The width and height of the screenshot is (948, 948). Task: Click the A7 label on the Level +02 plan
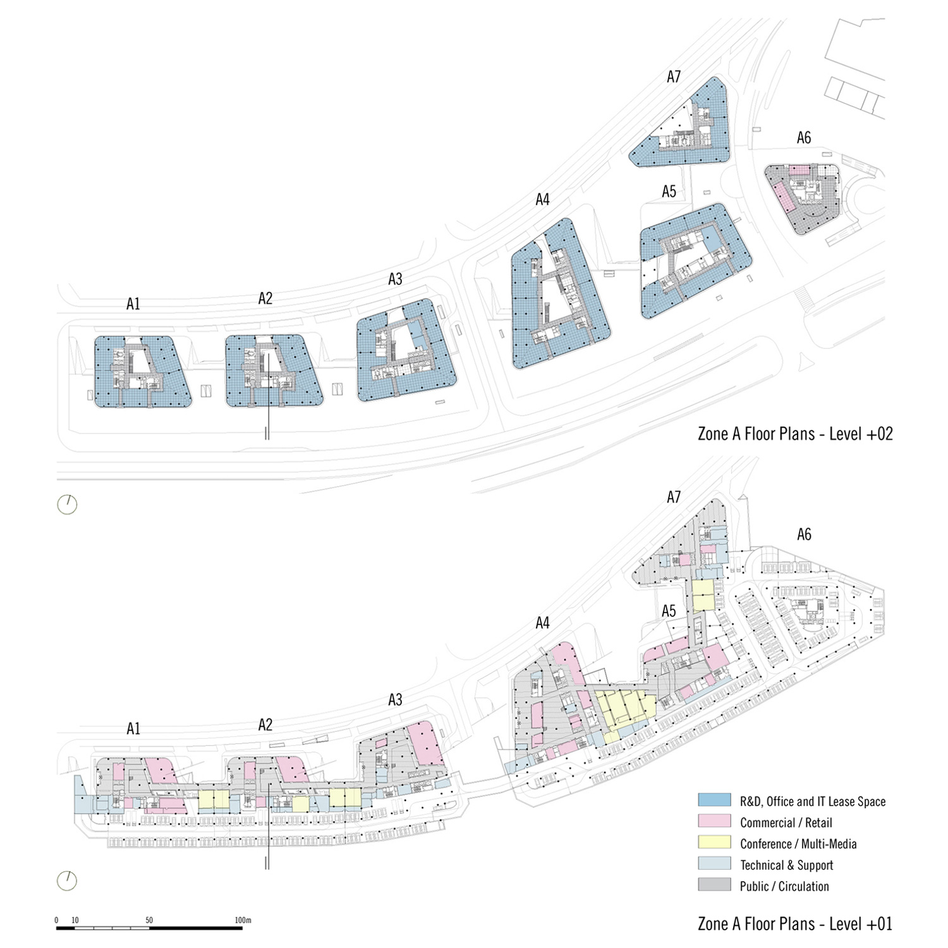click(x=674, y=76)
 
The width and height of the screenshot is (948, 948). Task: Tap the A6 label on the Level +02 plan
click(x=803, y=138)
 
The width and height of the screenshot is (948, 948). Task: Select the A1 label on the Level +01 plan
click(x=133, y=729)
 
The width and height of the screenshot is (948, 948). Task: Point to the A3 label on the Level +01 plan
click(x=395, y=700)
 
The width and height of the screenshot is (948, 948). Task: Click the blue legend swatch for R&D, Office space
click(x=714, y=800)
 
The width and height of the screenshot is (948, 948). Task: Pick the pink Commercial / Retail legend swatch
click(x=714, y=822)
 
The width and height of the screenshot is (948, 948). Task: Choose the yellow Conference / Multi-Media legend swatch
click(x=714, y=842)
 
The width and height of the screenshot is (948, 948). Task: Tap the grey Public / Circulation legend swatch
click(x=714, y=885)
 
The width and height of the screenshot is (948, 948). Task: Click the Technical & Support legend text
click(x=786, y=865)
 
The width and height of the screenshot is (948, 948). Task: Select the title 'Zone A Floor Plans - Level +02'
click(x=795, y=434)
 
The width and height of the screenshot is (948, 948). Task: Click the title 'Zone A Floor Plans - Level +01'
click(x=795, y=923)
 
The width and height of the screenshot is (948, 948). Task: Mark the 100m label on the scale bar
click(x=243, y=920)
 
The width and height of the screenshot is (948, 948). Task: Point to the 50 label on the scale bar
click(x=149, y=920)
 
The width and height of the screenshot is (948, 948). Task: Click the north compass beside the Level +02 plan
click(x=67, y=504)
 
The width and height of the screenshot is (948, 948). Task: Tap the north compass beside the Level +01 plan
click(x=67, y=880)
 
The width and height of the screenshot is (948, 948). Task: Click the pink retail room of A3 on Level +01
click(x=425, y=743)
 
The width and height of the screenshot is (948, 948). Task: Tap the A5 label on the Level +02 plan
click(x=669, y=191)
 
